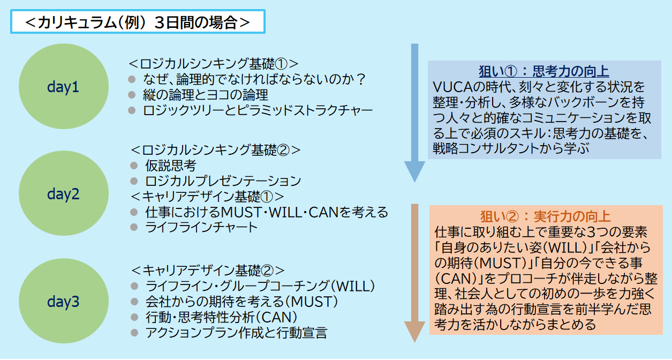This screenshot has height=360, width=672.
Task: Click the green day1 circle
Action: [64, 86]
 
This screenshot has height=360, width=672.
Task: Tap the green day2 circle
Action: [64, 193]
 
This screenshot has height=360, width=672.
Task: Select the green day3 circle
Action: [64, 301]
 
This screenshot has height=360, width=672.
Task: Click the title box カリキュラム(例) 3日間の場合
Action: [138, 21]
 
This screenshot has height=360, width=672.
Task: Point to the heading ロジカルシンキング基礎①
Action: [214, 64]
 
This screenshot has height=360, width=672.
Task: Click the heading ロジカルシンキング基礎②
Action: [216, 150]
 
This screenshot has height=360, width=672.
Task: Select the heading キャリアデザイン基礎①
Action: [207, 197]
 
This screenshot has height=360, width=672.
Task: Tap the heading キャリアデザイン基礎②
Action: [208, 270]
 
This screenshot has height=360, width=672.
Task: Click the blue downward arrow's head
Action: [414, 171]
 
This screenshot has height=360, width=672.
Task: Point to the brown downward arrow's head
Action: [414, 332]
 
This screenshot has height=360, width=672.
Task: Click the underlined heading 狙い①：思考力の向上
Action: [543, 71]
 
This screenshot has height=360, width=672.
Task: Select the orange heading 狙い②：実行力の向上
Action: [546, 216]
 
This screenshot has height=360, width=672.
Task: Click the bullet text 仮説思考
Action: [171, 166]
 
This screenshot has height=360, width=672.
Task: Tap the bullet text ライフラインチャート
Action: [201, 227]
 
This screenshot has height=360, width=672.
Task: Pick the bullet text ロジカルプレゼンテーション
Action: [223, 181]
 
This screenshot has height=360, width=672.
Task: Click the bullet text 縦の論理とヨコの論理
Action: [206, 95]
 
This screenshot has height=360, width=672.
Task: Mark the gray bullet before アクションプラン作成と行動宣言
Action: [134, 333]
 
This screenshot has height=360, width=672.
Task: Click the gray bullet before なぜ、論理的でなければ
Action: [132, 79]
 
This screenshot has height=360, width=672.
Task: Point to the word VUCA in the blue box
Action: [453, 87]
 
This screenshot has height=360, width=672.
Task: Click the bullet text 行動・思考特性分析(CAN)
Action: [221, 317]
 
